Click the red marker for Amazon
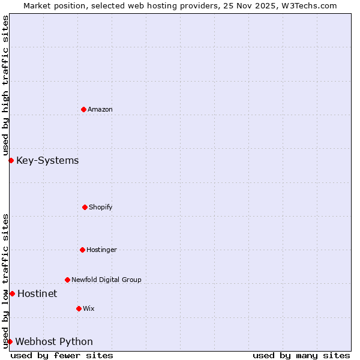[83, 109]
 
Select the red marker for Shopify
[85, 207]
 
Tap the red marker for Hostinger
[82, 250]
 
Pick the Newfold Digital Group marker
[67, 280]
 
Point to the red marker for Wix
[79, 308]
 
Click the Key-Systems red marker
[11, 160]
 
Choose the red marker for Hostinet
[12, 293]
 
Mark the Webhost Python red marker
[10, 341]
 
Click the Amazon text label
[100, 109]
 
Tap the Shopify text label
[101, 207]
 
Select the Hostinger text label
[101, 250]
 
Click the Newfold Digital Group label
[106, 280]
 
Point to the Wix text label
[89, 308]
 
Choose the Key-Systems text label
[47, 160]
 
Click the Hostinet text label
[37, 293]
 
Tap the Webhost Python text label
[54, 341]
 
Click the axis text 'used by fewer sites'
[62, 355]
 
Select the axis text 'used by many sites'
[301, 355]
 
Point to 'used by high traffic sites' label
[5, 86]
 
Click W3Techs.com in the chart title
[307, 5]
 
